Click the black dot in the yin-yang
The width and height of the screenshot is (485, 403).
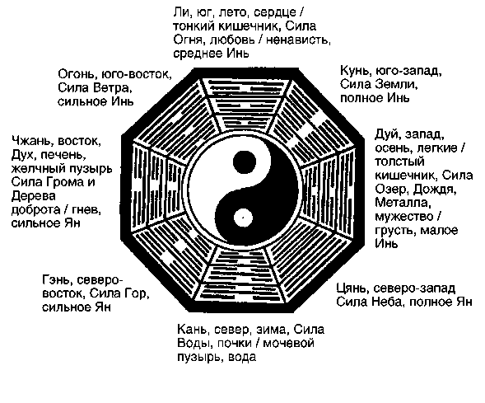(x=245, y=162)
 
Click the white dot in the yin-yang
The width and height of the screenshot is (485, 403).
(x=243, y=218)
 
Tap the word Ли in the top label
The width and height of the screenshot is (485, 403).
(x=180, y=12)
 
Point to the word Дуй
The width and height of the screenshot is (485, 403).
(x=387, y=134)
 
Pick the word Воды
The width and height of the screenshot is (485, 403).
(x=194, y=344)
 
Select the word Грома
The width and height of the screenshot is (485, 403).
(x=63, y=181)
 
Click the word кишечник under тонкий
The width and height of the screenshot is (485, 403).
(x=250, y=26)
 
